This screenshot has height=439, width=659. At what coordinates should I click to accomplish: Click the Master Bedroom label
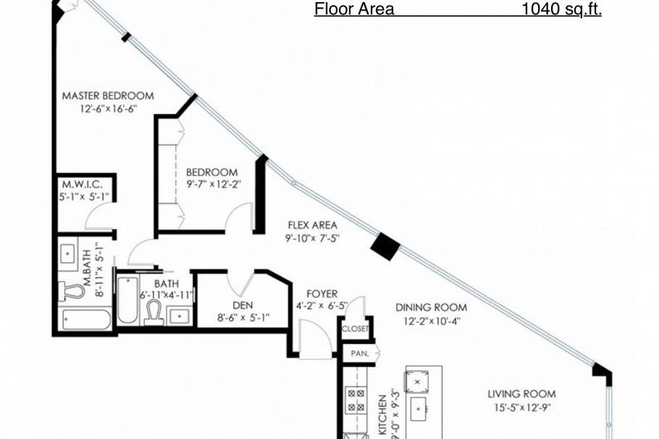[x=107, y=96]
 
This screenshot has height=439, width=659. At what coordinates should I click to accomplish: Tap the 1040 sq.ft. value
[x=562, y=9]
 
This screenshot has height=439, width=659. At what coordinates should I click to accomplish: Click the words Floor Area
[x=354, y=9]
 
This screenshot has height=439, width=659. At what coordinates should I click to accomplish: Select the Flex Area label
[x=312, y=225]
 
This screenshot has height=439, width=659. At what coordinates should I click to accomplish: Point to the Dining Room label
[x=431, y=307]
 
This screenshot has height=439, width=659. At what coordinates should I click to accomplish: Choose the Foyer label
[x=322, y=294]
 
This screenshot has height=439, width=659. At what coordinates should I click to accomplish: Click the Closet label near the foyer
[x=356, y=329]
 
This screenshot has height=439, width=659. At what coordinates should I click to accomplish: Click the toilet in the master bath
[x=72, y=291]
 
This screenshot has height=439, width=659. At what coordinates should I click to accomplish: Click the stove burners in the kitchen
[x=356, y=401]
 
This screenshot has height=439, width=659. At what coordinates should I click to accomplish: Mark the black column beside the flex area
[x=385, y=246]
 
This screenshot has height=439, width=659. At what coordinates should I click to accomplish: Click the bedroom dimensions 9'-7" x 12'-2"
[x=212, y=184]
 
